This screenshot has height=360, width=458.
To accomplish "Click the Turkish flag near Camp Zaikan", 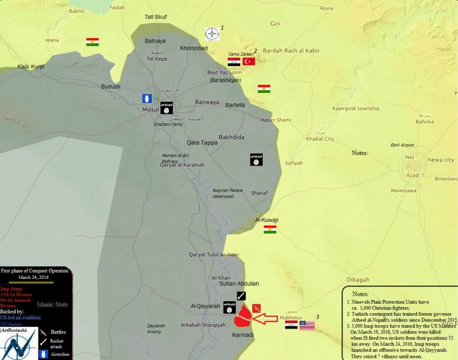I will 249,61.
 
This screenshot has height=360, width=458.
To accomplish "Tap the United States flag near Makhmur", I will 307,325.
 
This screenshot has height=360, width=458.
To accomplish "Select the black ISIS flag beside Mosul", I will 167,108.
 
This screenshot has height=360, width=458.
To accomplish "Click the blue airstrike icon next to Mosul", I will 147,98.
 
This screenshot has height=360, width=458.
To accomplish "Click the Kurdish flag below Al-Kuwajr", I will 270,230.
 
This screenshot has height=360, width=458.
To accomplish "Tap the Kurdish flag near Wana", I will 92,42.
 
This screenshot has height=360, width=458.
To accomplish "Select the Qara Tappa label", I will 202,143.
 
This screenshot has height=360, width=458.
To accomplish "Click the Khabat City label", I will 320,139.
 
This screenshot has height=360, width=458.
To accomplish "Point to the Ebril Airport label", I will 402,145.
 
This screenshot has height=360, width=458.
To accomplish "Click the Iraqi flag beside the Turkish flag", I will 234,62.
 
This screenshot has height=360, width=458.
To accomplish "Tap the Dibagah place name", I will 358,280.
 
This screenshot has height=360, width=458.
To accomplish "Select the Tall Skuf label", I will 155,17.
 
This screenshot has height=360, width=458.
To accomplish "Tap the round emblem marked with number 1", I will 212,34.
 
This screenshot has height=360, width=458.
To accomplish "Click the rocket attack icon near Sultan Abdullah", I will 242,296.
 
